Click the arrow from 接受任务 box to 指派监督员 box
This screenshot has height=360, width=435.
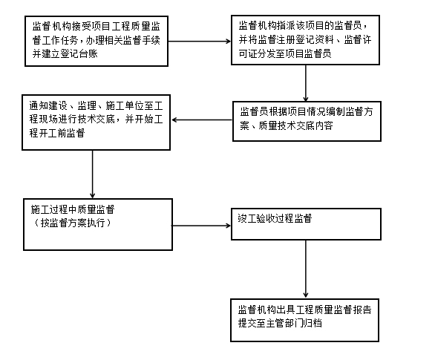[200, 42]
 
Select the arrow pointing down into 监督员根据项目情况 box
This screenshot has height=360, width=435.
[305, 83]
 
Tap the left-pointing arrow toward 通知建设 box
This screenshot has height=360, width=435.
[202, 120]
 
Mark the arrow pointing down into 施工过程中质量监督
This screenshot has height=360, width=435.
[92, 174]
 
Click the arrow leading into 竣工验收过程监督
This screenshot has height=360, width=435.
[202, 226]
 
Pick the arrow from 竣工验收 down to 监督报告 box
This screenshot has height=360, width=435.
[305, 269]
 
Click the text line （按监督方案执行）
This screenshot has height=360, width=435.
[73, 223]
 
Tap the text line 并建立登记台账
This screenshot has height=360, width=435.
[65, 53]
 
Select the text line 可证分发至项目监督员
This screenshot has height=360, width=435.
[285, 53]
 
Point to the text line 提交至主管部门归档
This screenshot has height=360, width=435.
[280, 323]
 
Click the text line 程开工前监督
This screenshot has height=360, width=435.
[57, 133]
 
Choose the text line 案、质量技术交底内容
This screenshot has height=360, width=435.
[287, 125]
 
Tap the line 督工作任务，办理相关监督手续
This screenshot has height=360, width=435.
[97, 40]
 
